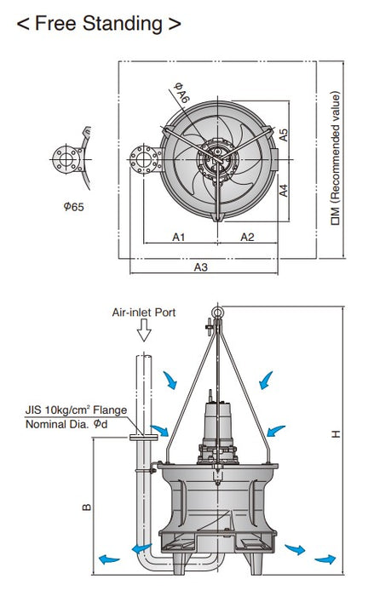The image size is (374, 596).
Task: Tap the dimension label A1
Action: click(178, 237)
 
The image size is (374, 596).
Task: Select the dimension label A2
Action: click(246, 237)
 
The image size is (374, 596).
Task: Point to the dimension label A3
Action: click(201, 266)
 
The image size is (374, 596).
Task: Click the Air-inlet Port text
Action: click(144, 312)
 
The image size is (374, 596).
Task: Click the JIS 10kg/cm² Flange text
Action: click(76, 410)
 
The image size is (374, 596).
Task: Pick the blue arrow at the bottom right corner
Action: click(325, 559)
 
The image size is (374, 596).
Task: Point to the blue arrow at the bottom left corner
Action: click(107, 559)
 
